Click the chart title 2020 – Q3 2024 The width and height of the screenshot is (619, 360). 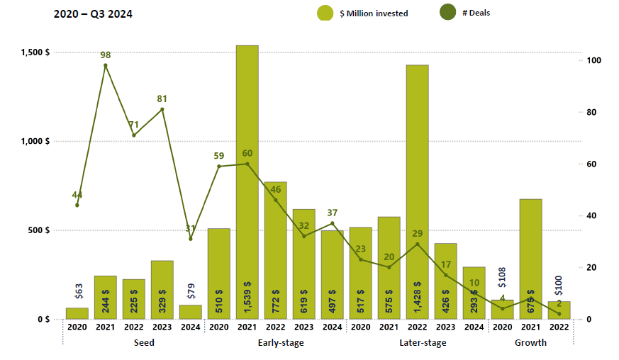tap(93, 13)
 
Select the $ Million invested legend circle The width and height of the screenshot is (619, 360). tap(325, 13)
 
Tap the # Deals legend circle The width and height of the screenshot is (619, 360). tap(448, 12)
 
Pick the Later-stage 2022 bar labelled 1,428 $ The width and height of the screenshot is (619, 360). tap(417, 191)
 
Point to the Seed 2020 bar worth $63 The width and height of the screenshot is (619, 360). tap(77, 313)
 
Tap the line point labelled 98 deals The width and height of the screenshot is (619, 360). tap(106, 66)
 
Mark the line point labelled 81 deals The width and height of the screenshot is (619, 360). tap(162, 109)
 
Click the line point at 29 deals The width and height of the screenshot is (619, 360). tap(417, 244)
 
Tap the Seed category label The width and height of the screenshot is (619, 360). tap(144, 343)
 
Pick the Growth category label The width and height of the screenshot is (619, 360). tap(530, 343)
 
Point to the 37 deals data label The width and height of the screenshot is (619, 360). tap(333, 213)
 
